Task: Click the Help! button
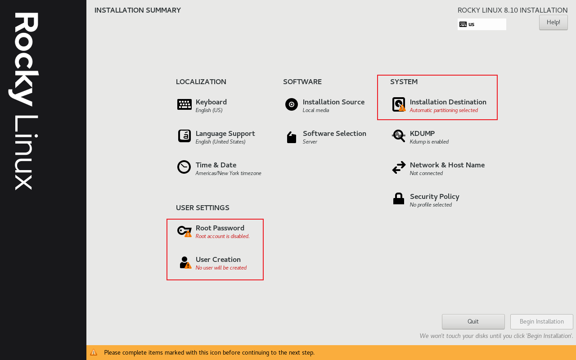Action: [553, 22]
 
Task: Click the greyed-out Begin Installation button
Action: [541, 322]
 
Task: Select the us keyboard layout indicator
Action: [481, 24]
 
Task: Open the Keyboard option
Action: [211, 102]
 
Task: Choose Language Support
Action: [225, 134]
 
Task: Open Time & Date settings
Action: [216, 165]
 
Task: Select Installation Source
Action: [333, 102]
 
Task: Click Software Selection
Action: [334, 134]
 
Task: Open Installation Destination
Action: [448, 102]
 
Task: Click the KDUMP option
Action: [422, 134]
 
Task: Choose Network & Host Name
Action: [447, 165]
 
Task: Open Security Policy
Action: [434, 197]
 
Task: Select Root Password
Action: [220, 228]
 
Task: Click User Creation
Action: [218, 260]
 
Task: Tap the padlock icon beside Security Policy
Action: [399, 198]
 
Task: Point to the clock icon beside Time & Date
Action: [184, 167]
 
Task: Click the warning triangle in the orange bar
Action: [94, 352]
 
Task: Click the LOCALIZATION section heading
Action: [201, 82]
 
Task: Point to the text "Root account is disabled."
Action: [222, 236]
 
